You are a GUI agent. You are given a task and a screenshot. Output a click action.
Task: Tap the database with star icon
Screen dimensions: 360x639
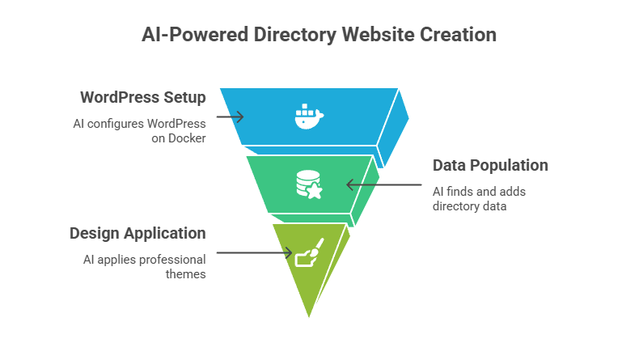point(308,184)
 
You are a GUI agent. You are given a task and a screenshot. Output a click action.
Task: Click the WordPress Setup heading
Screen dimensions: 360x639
point(142,98)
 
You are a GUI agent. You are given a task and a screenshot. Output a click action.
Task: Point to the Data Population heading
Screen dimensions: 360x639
point(490,166)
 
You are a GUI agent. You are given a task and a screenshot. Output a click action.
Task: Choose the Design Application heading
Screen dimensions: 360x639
point(137,234)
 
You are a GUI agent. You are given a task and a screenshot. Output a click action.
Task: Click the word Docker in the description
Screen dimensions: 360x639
point(187,138)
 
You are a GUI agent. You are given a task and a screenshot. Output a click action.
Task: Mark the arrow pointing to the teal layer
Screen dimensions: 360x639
point(384,185)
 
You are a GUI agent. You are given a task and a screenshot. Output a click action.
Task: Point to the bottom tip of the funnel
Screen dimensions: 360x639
point(308,318)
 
